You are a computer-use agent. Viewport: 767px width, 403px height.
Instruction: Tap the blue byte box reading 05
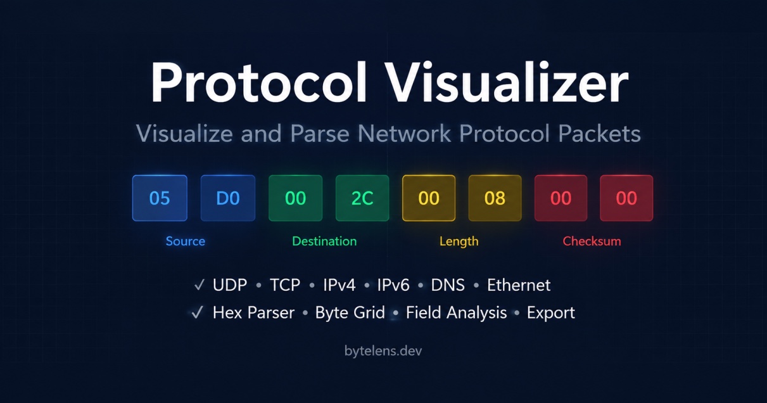click(x=160, y=198)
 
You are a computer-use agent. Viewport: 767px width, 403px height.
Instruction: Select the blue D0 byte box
click(x=228, y=198)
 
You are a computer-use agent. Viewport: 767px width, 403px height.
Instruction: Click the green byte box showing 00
click(x=296, y=198)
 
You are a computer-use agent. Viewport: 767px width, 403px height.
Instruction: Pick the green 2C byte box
click(x=362, y=198)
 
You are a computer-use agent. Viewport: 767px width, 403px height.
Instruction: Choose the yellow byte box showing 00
click(x=429, y=198)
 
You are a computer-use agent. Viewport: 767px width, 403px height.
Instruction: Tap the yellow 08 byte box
click(x=495, y=198)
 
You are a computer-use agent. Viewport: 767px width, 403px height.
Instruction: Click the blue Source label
click(x=186, y=241)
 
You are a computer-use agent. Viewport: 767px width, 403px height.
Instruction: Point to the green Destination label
click(x=324, y=241)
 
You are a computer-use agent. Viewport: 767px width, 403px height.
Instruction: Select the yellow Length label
click(x=459, y=241)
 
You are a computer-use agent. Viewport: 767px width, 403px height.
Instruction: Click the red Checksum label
click(x=592, y=241)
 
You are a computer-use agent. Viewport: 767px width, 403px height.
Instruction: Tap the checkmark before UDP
click(x=199, y=285)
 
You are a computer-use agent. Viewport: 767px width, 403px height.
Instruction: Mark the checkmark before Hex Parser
click(x=197, y=312)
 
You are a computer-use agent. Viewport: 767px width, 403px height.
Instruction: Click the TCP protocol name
click(x=285, y=285)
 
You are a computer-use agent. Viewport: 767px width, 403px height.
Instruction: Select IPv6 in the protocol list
click(x=393, y=285)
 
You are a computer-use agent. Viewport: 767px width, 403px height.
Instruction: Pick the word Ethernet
click(x=519, y=285)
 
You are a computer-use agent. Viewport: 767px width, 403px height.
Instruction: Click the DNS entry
click(x=448, y=285)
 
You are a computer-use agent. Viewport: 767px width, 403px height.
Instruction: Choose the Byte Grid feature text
click(x=350, y=312)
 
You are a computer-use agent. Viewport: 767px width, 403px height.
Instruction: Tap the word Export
click(x=550, y=313)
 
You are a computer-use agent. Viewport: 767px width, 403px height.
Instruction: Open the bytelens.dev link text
click(x=383, y=351)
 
